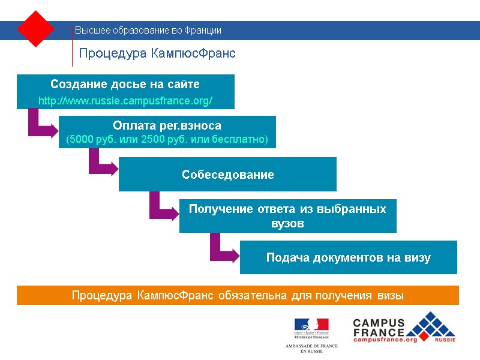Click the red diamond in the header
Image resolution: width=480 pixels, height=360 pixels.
(x=36, y=28)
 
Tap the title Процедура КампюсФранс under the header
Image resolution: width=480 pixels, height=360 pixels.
(x=157, y=53)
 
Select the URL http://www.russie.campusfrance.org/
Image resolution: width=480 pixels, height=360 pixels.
(x=125, y=101)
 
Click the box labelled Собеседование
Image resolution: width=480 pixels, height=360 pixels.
(x=227, y=175)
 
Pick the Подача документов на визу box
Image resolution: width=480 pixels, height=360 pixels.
(x=348, y=258)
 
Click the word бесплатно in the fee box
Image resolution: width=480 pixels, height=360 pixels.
(x=242, y=140)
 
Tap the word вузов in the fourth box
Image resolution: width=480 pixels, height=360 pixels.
(x=287, y=224)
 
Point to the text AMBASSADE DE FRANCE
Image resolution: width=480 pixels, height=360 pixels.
(x=311, y=346)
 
